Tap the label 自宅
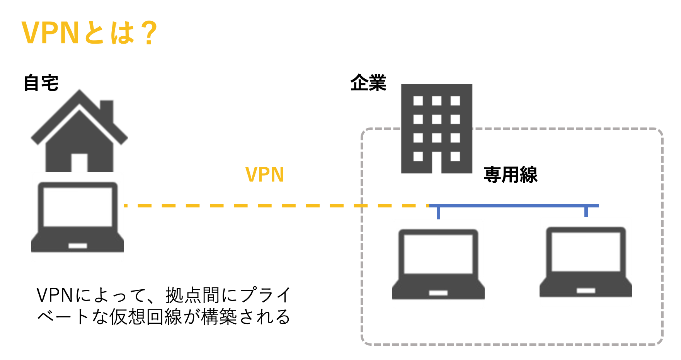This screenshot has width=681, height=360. pos(41,83)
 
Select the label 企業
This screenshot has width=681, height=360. pos(368,83)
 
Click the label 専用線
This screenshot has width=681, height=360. pos(510,175)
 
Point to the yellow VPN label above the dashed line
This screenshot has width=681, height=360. pos(265,175)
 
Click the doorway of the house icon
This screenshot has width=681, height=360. pos(79,163)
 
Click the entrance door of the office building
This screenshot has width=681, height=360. pos(437,162)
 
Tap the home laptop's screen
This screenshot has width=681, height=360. pos(78,207)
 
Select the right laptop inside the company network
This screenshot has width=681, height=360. pos(586,262)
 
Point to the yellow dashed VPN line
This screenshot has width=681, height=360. pos(271,206)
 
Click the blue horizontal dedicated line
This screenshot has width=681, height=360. pos(514,206)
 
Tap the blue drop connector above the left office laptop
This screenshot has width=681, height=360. pos(438,213)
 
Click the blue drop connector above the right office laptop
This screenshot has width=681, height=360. pos(586,212)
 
